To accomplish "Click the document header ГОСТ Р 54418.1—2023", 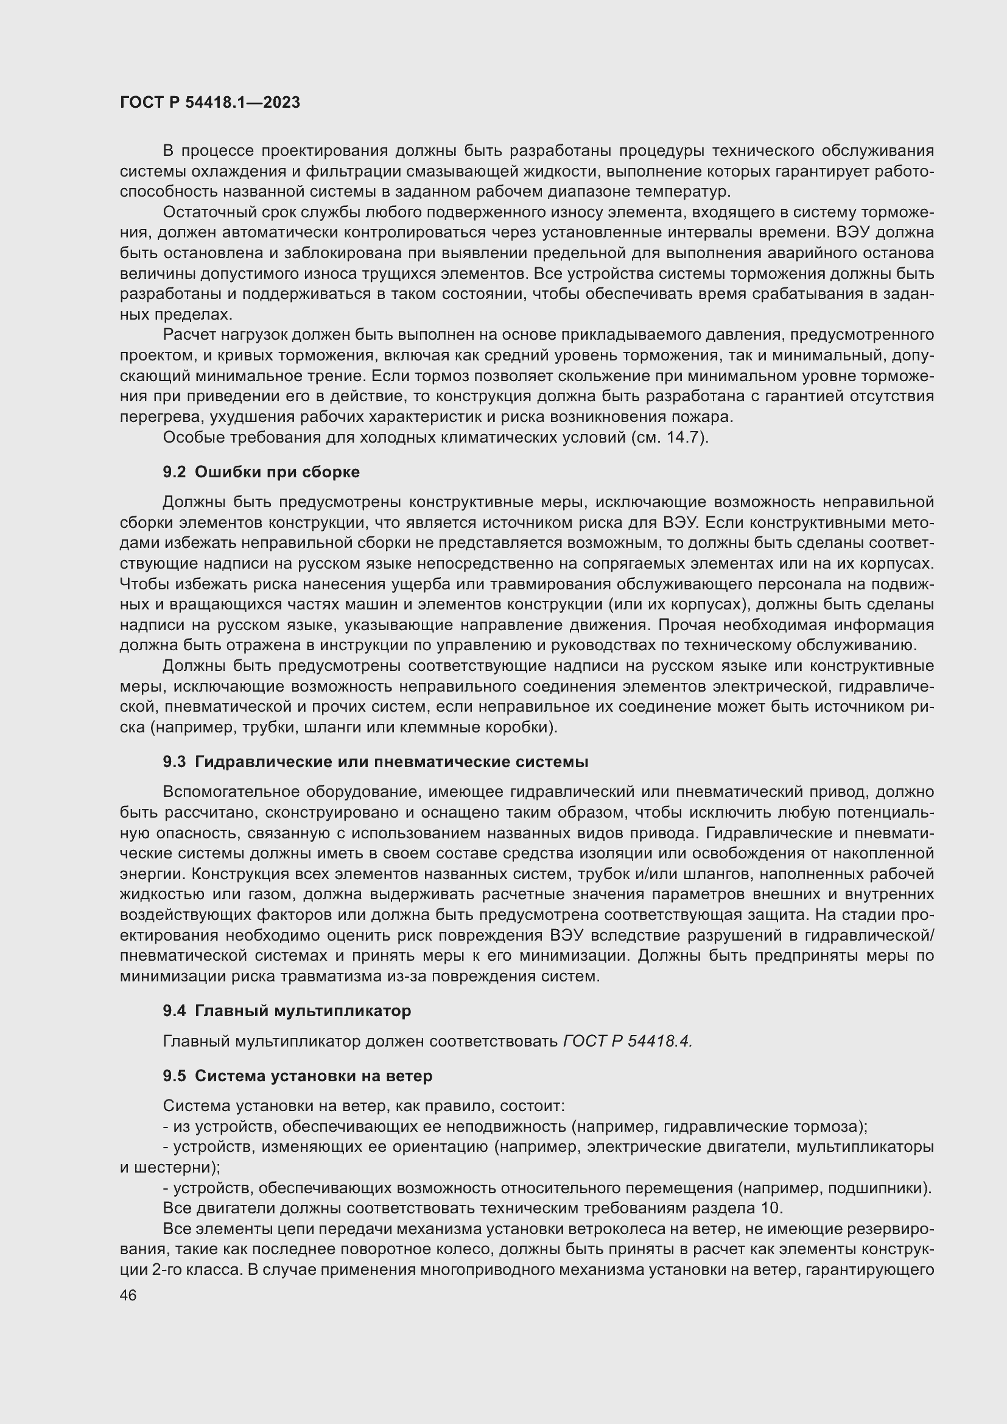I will (209, 102).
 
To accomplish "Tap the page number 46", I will (128, 1296).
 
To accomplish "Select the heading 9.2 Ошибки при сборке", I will (261, 472).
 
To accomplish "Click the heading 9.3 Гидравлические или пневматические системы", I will (375, 762).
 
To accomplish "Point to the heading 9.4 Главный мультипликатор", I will (287, 1011).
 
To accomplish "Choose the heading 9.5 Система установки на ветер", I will (297, 1076).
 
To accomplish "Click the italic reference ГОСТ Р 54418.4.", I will (627, 1041).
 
